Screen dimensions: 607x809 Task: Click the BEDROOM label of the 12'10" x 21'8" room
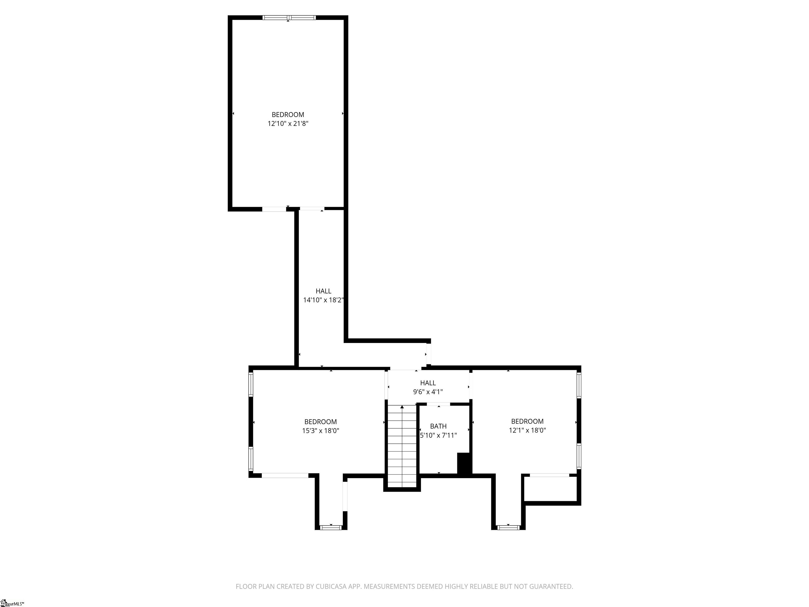coord(288,115)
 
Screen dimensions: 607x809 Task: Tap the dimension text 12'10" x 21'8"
coord(288,124)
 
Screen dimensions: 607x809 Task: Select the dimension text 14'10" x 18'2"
coord(323,300)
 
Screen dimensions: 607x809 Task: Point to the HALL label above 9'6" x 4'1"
coord(428,383)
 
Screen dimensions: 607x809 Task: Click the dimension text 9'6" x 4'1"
coord(428,392)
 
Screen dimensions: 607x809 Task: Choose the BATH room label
coord(438,426)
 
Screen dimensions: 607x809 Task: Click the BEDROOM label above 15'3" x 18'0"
coord(320,422)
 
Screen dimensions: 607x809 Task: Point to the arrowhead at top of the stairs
coord(402,407)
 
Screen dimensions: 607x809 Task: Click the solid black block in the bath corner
coord(463,464)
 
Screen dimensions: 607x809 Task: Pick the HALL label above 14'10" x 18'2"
coord(323,291)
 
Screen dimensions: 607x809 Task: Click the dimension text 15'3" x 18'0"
coord(320,431)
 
